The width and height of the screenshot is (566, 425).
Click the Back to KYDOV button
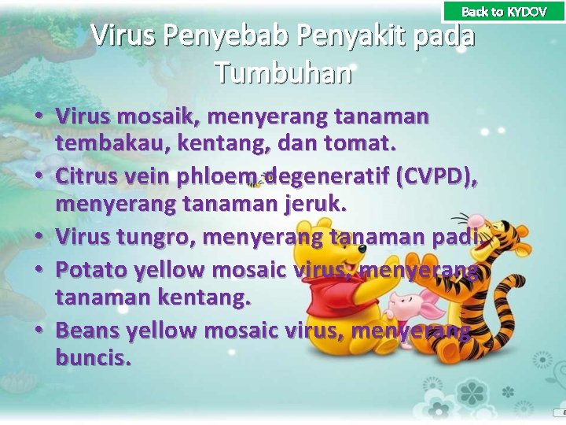coord(504,11)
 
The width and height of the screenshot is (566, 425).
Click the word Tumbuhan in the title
coord(283,73)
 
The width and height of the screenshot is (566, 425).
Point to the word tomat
coord(366,145)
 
